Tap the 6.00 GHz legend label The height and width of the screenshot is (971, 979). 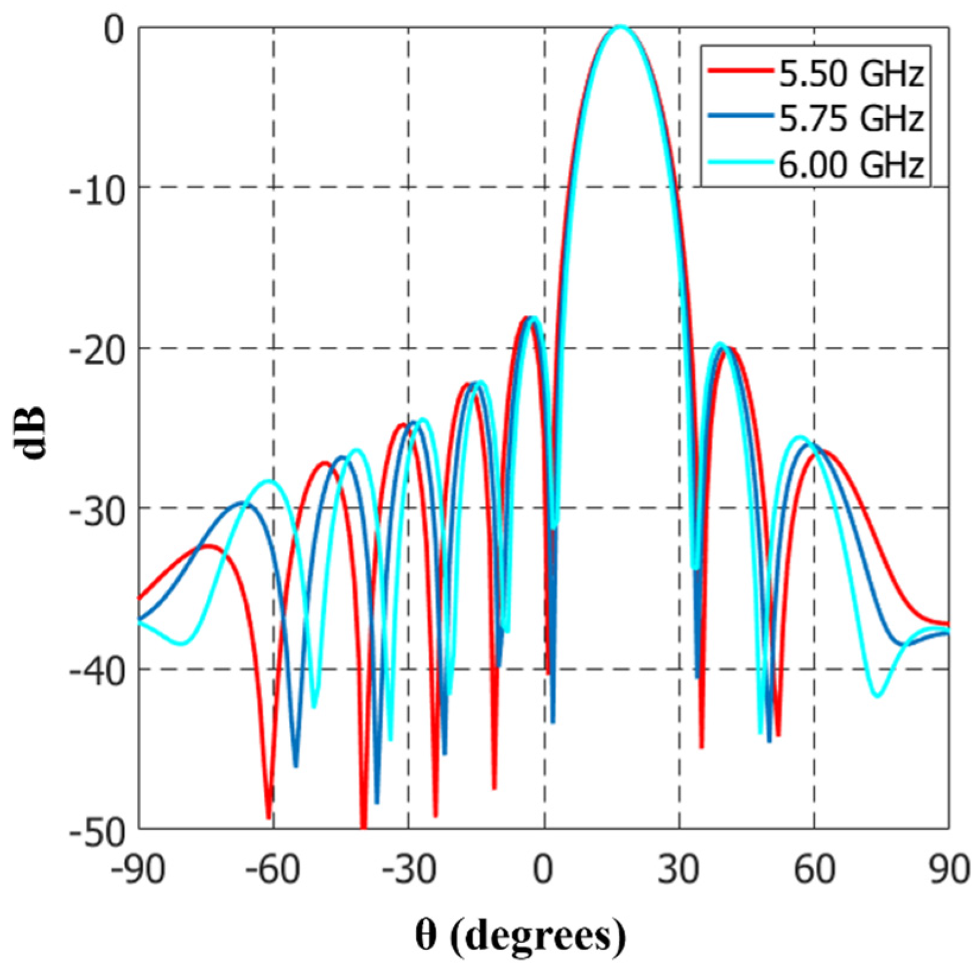pos(851,164)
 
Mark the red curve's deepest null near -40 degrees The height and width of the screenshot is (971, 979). pos(363,826)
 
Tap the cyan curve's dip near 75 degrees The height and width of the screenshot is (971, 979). pos(878,695)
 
